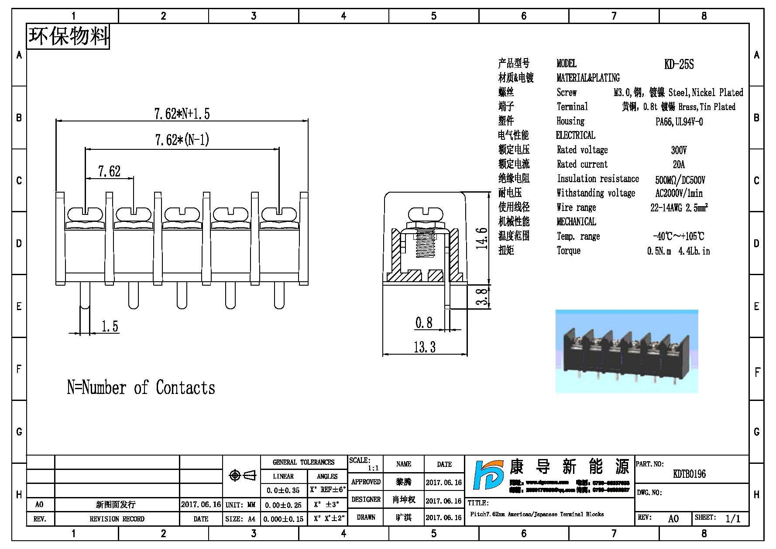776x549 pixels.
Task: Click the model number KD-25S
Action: (x=679, y=65)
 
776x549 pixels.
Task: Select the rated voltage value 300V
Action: (x=679, y=150)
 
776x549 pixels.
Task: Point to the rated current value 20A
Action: (x=679, y=165)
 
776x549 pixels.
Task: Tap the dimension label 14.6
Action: (x=481, y=238)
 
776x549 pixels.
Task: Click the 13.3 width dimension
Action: (x=425, y=347)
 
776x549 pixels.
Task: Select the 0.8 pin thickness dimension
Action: (x=424, y=323)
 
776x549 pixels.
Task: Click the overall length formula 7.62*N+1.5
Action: (x=182, y=114)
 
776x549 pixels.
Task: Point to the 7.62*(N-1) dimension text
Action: (x=182, y=140)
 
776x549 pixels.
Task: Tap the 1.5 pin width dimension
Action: (x=110, y=326)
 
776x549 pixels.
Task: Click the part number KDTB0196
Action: (x=689, y=474)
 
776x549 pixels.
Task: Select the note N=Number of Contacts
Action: (x=141, y=388)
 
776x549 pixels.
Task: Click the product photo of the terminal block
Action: (x=626, y=352)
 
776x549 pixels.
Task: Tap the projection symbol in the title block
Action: (x=242, y=475)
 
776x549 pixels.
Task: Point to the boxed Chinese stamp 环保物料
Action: (x=68, y=36)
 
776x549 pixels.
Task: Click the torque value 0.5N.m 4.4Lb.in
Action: (x=678, y=251)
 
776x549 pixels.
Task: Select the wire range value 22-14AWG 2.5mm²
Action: (x=679, y=208)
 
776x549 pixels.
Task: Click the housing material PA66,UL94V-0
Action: (x=679, y=122)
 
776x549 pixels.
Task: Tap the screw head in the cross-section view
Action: (x=425, y=214)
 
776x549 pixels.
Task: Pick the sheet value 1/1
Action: (x=733, y=518)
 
